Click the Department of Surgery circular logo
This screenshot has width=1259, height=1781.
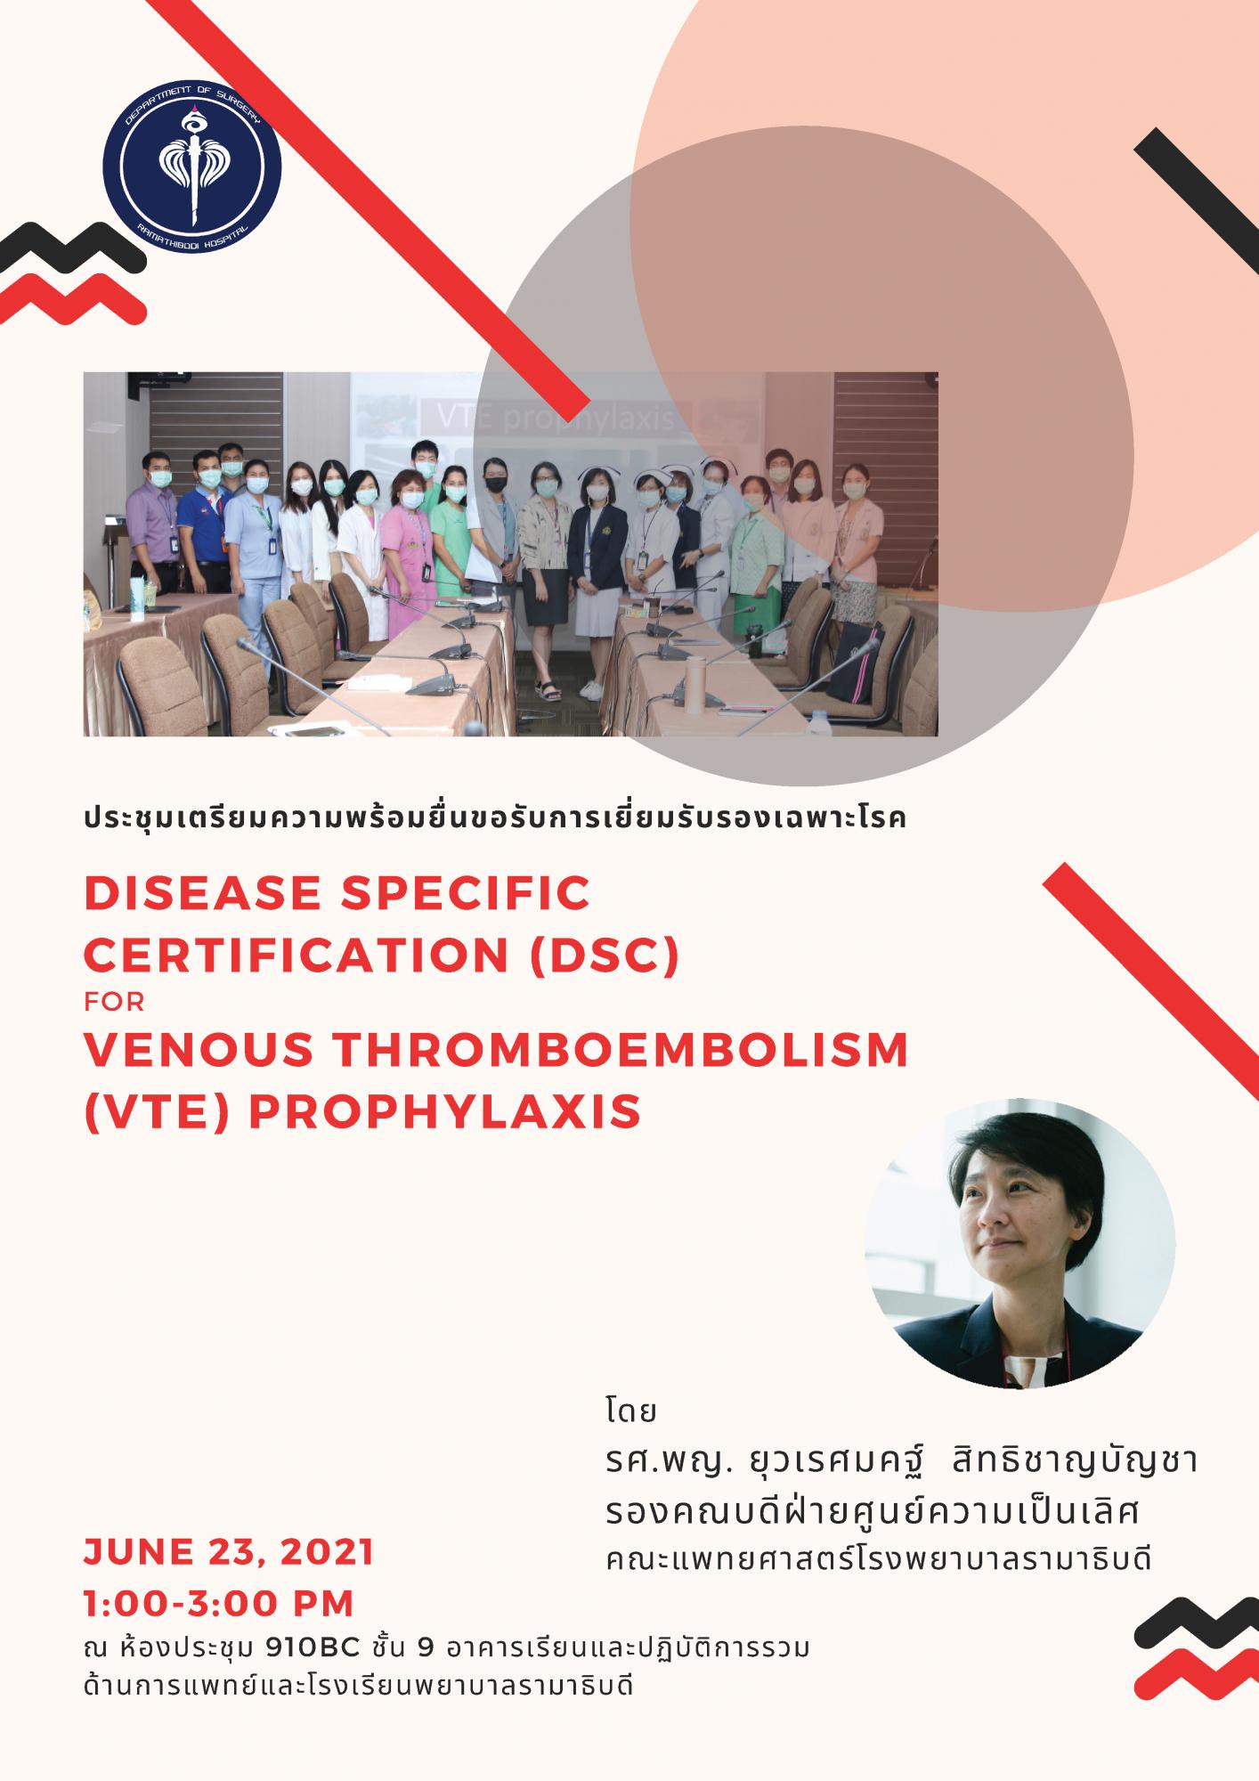click(x=192, y=167)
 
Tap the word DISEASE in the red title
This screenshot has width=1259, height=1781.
click(x=202, y=893)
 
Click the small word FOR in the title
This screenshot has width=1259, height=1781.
click(x=114, y=1003)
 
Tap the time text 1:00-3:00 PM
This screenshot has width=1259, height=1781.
click(x=219, y=1604)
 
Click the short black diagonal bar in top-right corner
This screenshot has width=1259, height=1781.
click(x=1197, y=189)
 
